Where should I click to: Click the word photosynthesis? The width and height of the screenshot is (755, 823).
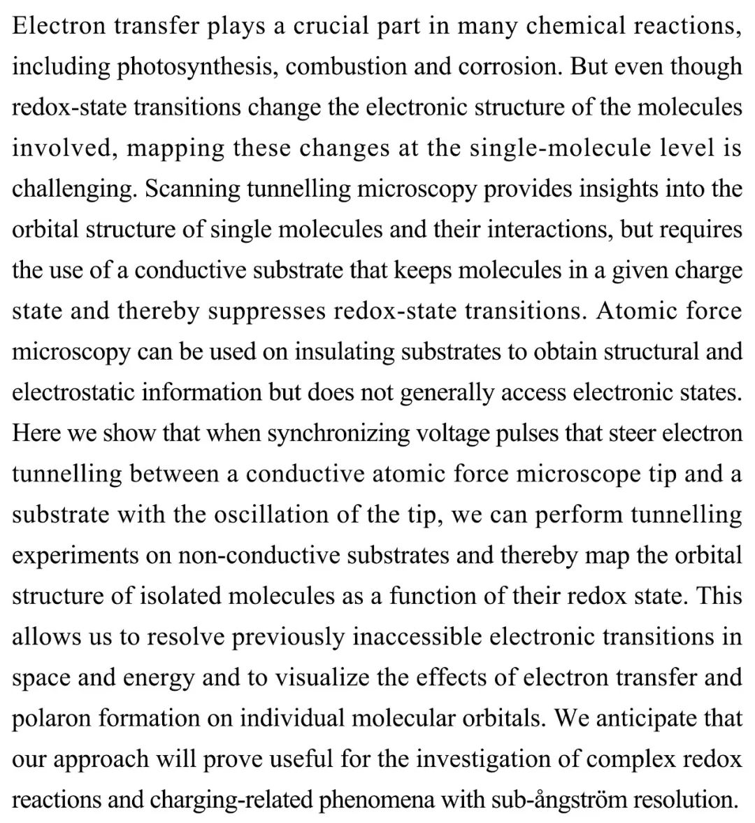click(196, 67)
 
